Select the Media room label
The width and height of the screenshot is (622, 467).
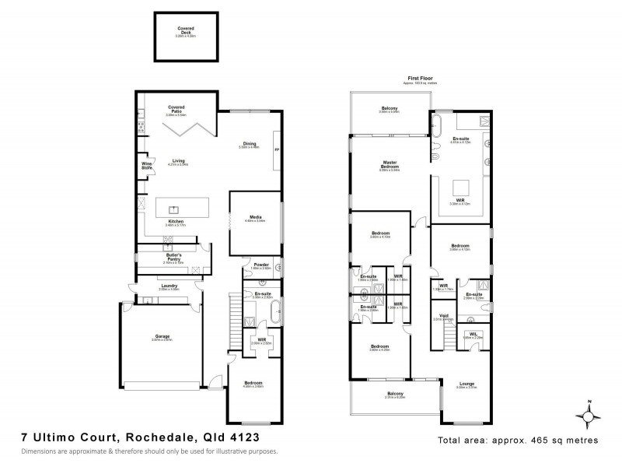point(255,218)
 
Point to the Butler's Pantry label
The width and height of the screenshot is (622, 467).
point(174,257)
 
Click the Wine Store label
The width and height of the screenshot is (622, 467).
point(146,165)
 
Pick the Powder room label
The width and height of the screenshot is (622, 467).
point(260,265)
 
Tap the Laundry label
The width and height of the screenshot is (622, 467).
point(169,286)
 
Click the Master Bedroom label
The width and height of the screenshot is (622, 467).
point(389,164)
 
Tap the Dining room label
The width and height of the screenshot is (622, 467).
point(250,144)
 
